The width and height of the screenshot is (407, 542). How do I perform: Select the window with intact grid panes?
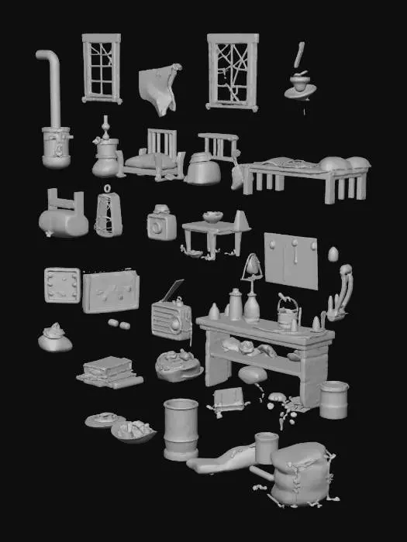102,68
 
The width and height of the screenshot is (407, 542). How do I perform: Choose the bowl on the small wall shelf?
212,217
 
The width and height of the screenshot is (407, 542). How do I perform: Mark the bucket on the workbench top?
287,313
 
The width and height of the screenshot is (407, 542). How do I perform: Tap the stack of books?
109,371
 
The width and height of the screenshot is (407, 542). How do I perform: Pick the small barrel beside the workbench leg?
334,400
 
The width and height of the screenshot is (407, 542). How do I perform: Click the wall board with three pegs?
291,259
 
